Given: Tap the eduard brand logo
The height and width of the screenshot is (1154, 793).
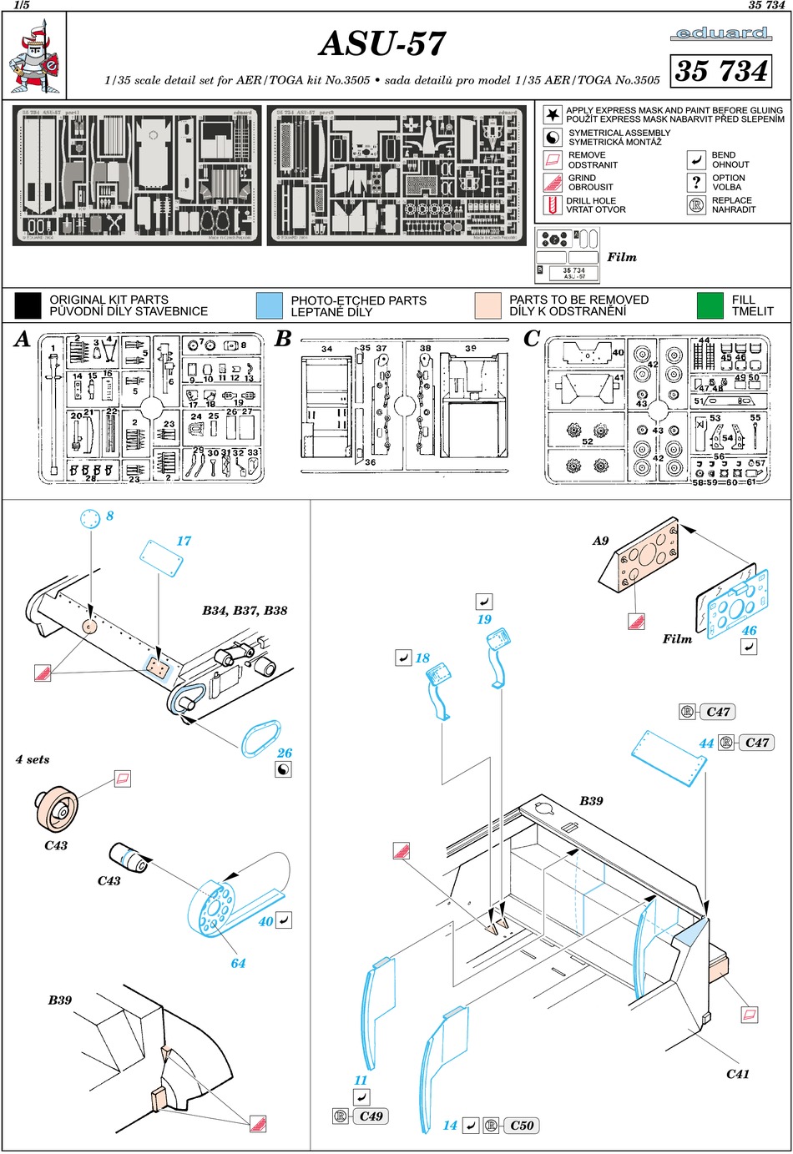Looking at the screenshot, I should (720, 33).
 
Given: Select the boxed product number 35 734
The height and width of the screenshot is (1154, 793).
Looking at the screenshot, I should (721, 71).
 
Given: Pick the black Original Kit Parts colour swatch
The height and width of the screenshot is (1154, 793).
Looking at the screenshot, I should (28, 305).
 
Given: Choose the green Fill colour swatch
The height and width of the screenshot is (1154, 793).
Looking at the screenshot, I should (710, 305).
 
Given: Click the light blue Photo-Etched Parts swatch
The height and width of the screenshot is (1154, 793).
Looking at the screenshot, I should (270, 305).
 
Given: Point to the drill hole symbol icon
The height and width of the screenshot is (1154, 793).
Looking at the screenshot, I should (553, 205).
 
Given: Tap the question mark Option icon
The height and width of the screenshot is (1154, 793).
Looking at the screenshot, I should (696, 182).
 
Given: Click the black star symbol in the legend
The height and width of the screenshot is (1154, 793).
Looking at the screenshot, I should (553, 114).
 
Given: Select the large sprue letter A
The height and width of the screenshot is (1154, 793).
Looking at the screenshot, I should (23, 340).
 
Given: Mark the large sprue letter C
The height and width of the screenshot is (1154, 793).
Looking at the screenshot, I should (532, 340).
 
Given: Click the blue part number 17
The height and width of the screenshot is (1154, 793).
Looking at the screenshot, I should (184, 541).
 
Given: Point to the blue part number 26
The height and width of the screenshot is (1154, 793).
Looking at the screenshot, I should (285, 753).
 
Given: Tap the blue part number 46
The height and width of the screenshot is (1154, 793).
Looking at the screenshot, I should (749, 631).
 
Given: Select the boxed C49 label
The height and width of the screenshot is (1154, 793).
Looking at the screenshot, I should (371, 1116).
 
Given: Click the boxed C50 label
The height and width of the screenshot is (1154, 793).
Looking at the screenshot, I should (522, 1126).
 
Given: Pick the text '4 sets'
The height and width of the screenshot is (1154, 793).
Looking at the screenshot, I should (33, 759).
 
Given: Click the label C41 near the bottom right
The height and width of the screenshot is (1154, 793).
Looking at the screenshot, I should (738, 1074).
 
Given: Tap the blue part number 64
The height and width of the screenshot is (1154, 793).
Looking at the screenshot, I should (239, 963).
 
